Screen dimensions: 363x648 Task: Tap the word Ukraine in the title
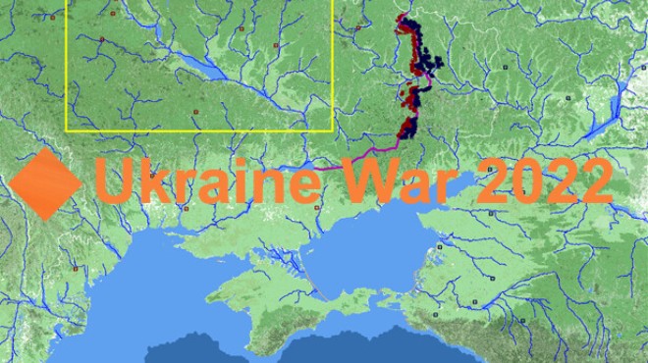205,181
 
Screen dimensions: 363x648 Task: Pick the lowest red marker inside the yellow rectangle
196,112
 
